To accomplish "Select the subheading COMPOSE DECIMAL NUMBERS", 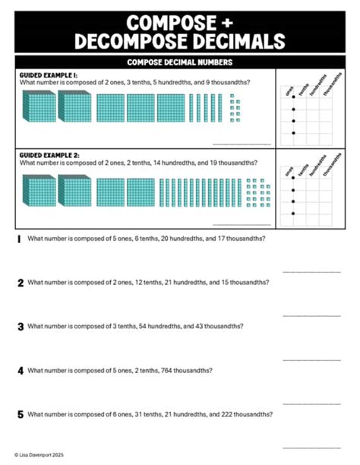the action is (180, 62).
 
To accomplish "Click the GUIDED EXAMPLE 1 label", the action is (47, 75).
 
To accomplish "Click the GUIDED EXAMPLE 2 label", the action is (47, 155).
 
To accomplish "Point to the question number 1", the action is (19, 239).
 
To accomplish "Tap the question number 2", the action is (21, 283).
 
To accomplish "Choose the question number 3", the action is (21, 327).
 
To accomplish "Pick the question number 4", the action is (21, 371).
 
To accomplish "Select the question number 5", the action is (21, 415).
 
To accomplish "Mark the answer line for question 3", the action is (311, 359).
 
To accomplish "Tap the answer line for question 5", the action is (311, 447).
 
